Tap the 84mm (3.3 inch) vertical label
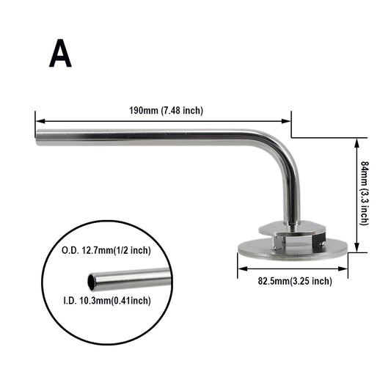point(365,194)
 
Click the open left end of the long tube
point(40,137)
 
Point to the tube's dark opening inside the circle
point(92,281)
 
